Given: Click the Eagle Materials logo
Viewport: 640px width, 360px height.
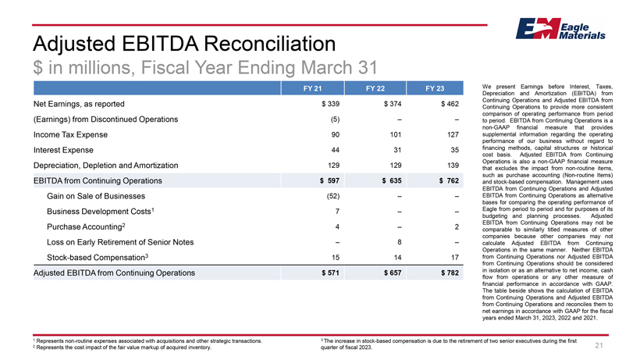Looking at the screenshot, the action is point(560,29).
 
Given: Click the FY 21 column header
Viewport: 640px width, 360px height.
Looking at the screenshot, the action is point(313,88).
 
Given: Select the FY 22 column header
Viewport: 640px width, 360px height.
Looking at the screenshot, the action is point(375,88).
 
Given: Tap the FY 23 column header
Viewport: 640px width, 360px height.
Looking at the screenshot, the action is point(435,88).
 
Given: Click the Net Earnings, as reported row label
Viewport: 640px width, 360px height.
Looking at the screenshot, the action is point(79,104).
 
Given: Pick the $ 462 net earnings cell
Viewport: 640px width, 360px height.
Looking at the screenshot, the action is point(450,104).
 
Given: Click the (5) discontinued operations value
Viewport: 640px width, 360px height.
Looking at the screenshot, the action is point(335,119).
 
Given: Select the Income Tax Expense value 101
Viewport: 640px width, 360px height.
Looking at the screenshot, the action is point(396,134).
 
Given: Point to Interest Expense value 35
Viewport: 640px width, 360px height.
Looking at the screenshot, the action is point(455,150).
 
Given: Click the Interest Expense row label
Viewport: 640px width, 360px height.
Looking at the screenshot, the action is point(63,150).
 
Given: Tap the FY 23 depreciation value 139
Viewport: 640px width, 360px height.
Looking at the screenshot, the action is point(453,166).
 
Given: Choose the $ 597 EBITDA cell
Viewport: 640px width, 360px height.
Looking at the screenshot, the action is point(329,181).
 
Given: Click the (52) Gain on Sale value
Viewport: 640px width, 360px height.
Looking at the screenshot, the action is point(333,196).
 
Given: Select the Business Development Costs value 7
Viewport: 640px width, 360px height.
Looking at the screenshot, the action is point(337,212).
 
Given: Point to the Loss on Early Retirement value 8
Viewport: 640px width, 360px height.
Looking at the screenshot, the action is point(399,242).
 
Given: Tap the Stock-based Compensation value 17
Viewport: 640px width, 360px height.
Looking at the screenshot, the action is point(455,258).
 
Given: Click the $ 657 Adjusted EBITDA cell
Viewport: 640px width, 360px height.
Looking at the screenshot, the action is point(393,273).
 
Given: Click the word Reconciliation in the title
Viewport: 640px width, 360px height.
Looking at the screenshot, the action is point(270,44).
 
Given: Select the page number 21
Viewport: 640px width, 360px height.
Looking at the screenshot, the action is point(599,346).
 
